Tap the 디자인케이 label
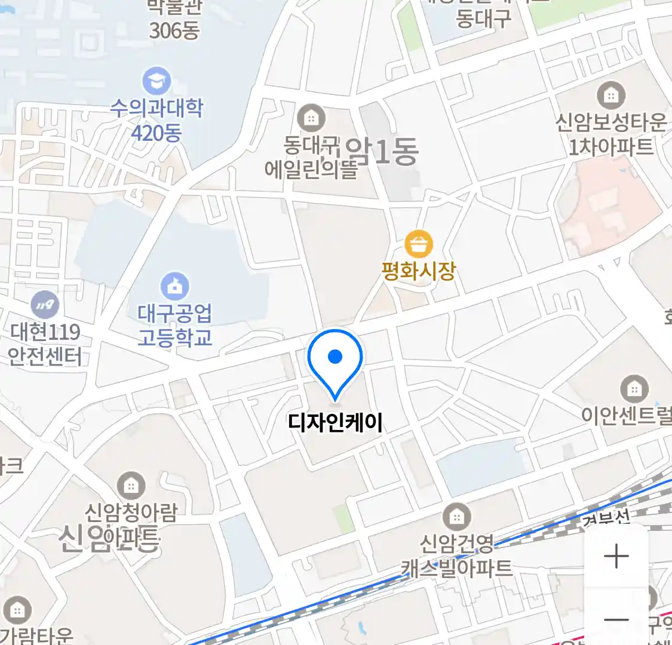(335, 422)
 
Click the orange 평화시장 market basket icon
(419, 245)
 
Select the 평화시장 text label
(419, 271)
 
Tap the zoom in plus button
(616, 557)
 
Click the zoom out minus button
(616, 619)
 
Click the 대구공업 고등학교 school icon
(174, 287)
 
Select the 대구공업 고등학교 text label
(174, 325)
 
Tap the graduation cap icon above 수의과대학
(157, 81)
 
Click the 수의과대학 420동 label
(157, 120)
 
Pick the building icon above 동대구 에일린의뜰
(311, 118)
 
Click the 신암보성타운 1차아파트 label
(610, 134)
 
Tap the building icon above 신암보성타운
(610, 96)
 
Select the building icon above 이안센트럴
(634, 390)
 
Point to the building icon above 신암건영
(457, 517)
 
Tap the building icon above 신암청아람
(131, 486)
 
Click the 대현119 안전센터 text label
(45, 344)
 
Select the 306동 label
(174, 30)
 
